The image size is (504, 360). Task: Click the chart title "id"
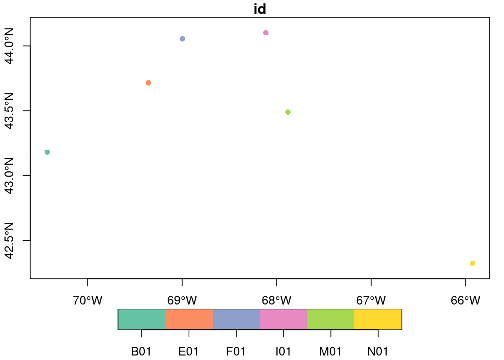260,9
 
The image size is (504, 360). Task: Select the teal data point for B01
47,152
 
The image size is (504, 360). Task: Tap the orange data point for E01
148,83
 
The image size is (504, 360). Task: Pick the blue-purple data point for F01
182,39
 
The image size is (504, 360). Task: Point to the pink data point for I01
266,33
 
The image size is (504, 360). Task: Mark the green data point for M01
288,112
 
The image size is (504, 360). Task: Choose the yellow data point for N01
472,263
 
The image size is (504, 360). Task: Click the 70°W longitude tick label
88,300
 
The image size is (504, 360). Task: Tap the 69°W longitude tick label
182,300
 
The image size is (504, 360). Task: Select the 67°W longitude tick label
371,300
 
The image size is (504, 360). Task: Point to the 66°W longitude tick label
466,300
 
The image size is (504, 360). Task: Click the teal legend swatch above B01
142,319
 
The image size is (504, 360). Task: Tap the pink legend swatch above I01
283,319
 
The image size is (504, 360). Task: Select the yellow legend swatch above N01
378,319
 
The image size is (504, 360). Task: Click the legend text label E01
189,351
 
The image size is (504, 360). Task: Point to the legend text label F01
236,351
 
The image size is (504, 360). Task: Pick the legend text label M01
330,351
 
